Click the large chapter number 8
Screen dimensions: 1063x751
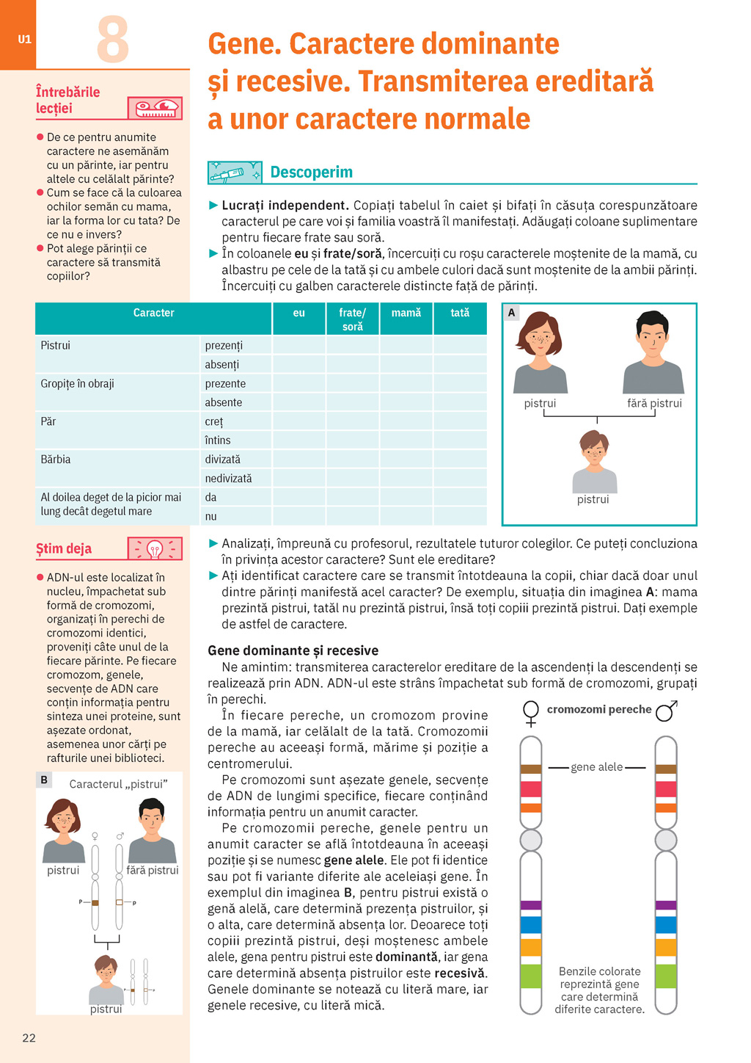(x=113, y=40)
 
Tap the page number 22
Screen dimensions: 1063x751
(x=29, y=1037)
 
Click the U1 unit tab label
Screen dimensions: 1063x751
(x=25, y=40)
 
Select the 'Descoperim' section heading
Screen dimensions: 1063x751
(x=311, y=173)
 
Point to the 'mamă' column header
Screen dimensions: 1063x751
(x=406, y=313)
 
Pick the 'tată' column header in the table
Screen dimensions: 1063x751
(x=460, y=313)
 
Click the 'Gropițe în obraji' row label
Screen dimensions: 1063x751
(x=78, y=383)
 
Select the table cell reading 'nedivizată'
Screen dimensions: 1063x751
(x=228, y=478)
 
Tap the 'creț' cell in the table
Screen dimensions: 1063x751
(x=214, y=421)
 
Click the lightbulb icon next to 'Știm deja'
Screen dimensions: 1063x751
(x=155, y=548)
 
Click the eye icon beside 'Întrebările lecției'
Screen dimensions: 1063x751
(x=155, y=109)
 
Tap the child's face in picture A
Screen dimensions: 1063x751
(x=594, y=451)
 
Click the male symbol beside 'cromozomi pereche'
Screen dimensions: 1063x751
(x=666, y=711)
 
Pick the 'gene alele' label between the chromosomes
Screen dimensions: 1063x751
(x=596, y=767)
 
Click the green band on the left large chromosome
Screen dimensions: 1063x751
(x=531, y=976)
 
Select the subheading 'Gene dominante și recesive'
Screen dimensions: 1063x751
(x=293, y=650)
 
